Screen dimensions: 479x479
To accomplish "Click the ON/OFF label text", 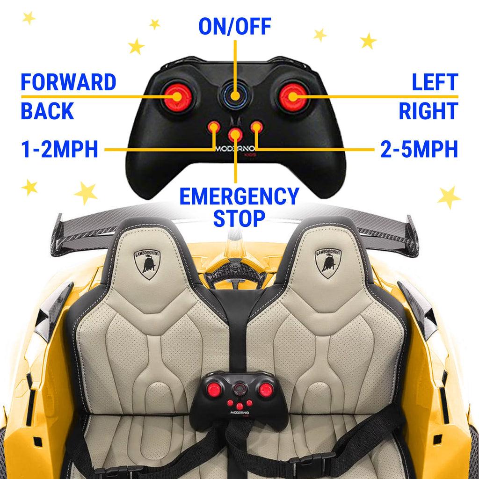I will pyautogui.click(x=235, y=27).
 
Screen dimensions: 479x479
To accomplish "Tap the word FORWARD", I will pyautogui.click(x=68, y=83).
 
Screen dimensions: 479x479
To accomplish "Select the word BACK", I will pyautogui.click(x=47, y=111).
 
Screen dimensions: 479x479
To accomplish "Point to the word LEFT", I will pyautogui.click(x=435, y=83).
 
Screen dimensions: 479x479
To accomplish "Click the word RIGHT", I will pyautogui.click(x=428, y=111).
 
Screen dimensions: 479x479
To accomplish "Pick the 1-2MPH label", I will pyautogui.click(x=59, y=150).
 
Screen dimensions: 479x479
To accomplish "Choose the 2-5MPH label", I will pyautogui.click(x=419, y=150).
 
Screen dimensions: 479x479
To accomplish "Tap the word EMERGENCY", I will pyautogui.click(x=239, y=196).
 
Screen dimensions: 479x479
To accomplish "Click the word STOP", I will pyautogui.click(x=239, y=218).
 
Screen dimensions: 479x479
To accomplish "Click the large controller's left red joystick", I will pyautogui.click(x=178, y=97).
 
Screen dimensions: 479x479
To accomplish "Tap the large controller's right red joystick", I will pyautogui.click(x=293, y=97).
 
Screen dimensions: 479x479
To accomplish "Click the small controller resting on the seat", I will pyautogui.click(x=240, y=398).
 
